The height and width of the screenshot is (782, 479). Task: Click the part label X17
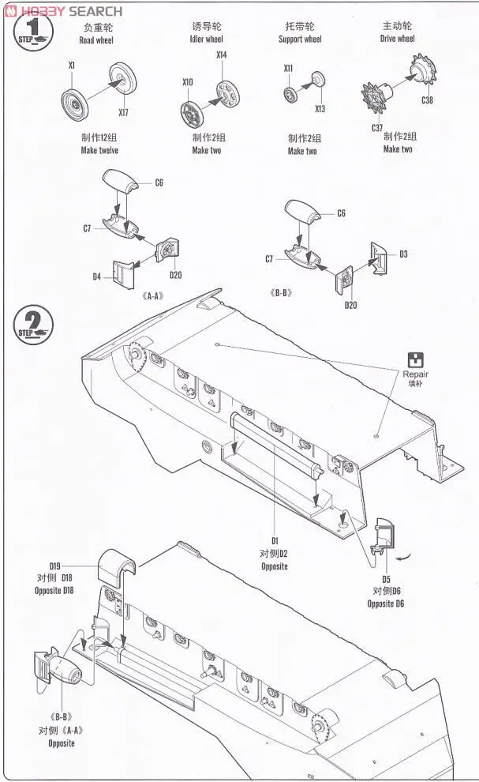pos(123,112)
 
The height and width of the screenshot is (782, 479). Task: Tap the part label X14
pos(221,55)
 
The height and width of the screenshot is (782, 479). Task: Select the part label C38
pos(427,100)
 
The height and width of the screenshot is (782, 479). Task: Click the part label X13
pos(320,108)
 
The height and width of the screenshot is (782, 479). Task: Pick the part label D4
pos(96,276)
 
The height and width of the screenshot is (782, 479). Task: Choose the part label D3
pos(402,254)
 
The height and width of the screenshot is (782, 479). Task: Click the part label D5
pos(386,577)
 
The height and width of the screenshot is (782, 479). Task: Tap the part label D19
pos(54,566)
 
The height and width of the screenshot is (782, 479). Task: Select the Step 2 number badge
pos(32,324)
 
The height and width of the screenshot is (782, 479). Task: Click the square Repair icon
pos(415,359)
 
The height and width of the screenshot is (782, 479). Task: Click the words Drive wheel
pos(397,38)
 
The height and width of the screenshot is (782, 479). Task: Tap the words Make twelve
pos(99,150)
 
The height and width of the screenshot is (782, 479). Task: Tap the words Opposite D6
pos(386,604)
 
